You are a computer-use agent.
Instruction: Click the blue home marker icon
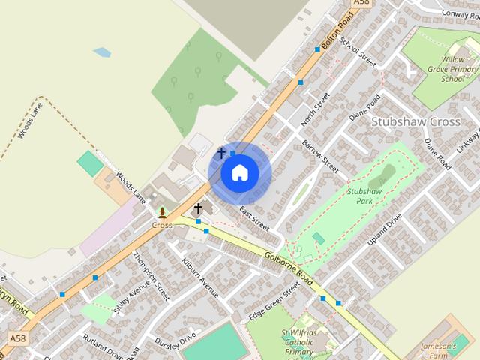240,173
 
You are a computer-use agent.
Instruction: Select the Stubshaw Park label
365,196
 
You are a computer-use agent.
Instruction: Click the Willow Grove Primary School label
453,68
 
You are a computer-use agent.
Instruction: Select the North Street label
315,109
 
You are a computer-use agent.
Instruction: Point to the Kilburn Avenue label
199,277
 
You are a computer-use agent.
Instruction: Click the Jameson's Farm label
458,350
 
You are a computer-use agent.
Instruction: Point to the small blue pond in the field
102,52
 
